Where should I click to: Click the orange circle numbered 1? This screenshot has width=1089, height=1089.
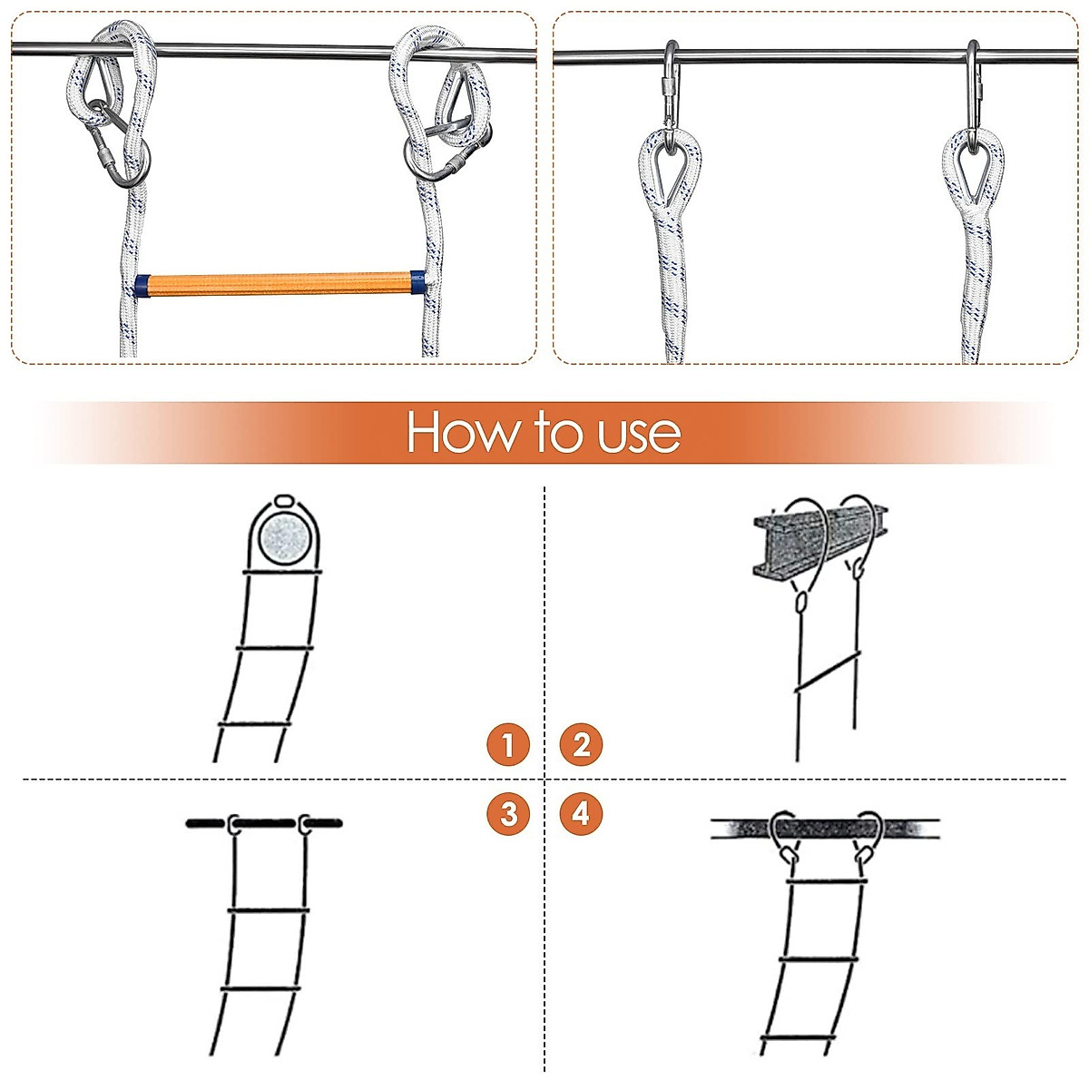pos(507,744)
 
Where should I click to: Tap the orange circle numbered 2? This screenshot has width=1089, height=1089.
pos(582,744)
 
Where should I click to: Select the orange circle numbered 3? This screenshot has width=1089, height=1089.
pos(507,813)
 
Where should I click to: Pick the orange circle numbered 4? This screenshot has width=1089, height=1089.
pos(582,813)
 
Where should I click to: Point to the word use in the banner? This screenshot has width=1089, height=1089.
pos(639,434)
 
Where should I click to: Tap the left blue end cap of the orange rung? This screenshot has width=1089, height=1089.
pos(142,285)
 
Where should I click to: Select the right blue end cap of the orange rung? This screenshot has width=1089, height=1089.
pos(417,281)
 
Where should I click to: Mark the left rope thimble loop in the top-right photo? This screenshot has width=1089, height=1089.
pos(670,168)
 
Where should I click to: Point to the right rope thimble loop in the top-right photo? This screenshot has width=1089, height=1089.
pos(972,168)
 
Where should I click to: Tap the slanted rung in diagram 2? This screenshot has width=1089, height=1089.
pos(826,672)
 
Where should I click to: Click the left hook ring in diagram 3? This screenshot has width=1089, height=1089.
pos(234,824)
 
